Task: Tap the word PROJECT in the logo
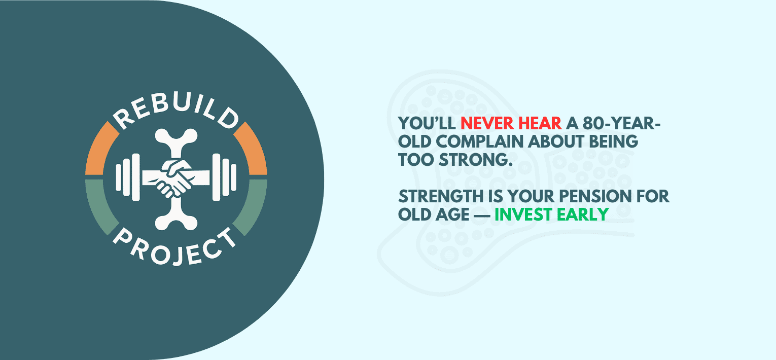pyautogui.click(x=175, y=248)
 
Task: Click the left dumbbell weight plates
pyautogui.click(x=128, y=177)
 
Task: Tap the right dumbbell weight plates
pyautogui.click(x=225, y=177)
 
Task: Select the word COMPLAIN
pyautogui.click(x=479, y=141)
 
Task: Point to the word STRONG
pyautogui.click(x=475, y=160)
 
